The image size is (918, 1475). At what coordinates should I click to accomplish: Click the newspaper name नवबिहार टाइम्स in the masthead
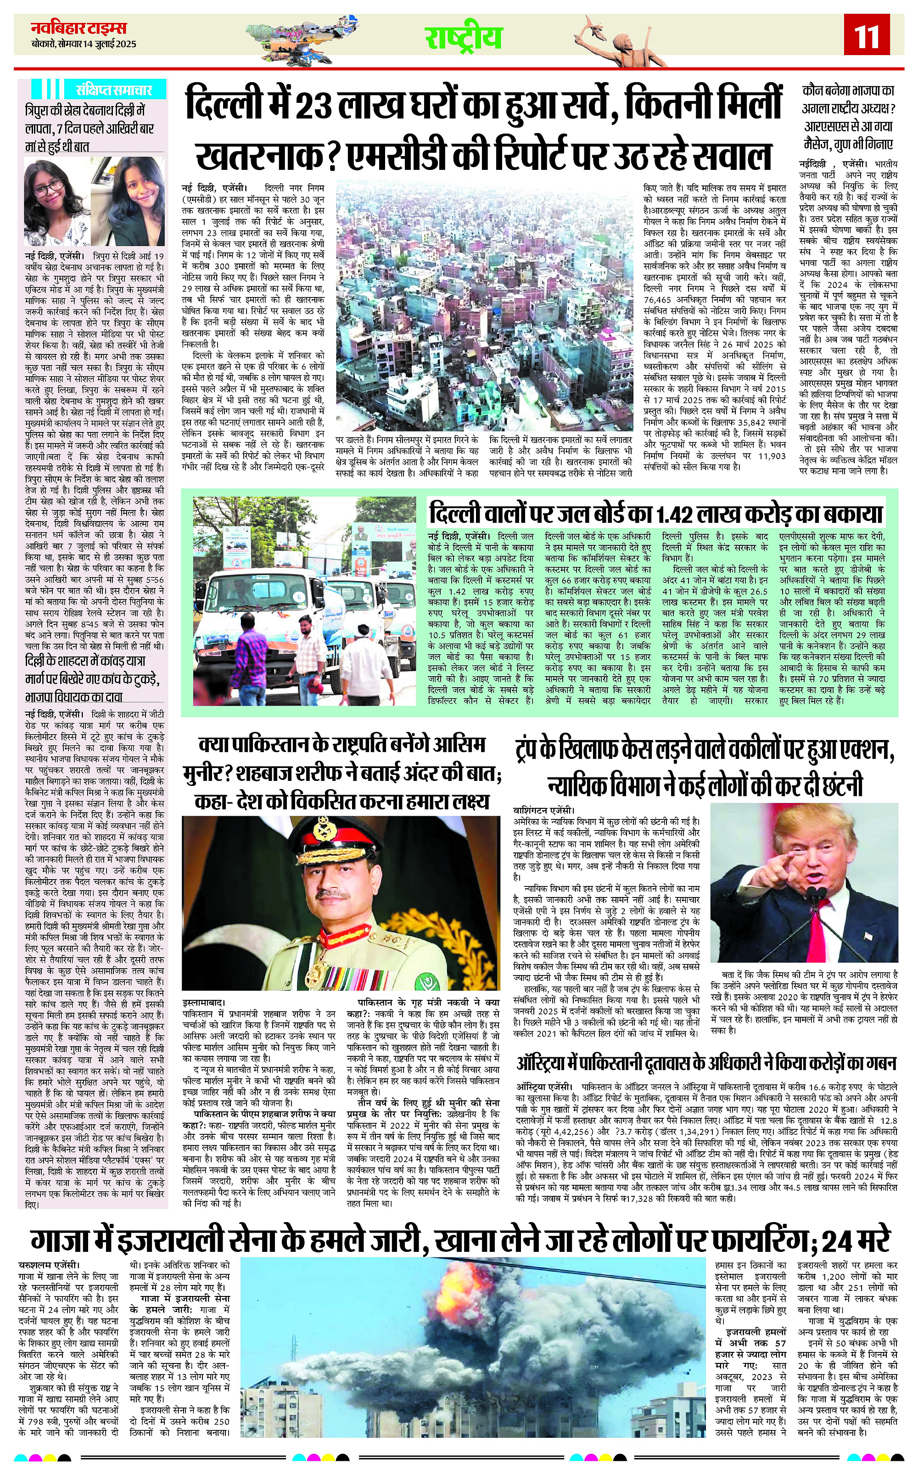[79, 28]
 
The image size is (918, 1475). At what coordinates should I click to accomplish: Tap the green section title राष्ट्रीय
[463, 38]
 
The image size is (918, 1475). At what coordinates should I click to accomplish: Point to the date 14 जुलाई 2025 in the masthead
[105, 44]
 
